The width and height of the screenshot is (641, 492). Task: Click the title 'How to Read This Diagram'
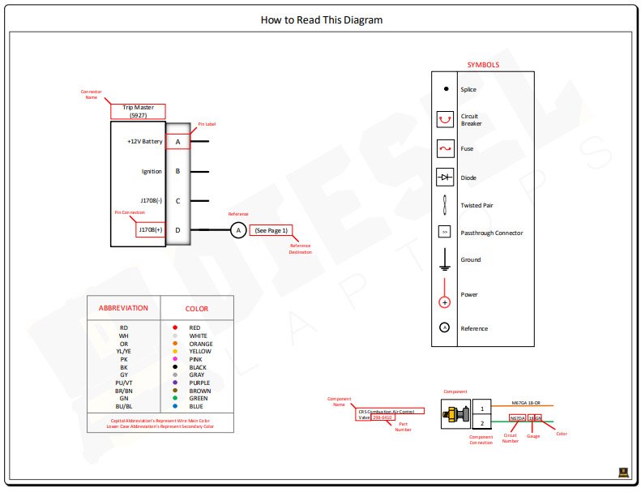pos(322,20)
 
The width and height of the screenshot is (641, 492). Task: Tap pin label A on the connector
pos(177,141)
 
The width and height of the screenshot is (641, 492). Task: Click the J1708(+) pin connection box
pos(151,229)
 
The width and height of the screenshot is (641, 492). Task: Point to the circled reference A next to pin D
pos(238,230)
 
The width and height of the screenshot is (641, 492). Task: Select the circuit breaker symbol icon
pos(445,120)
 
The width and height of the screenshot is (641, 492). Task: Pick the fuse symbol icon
pos(445,148)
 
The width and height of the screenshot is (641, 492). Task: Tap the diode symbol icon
pos(445,177)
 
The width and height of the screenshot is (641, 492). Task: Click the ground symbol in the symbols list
pos(444,259)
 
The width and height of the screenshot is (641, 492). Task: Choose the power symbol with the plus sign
pos(444,302)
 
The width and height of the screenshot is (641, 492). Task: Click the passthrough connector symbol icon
pos(444,233)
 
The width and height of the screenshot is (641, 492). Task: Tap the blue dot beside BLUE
pos(175,406)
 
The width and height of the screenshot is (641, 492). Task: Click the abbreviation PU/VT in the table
pos(124,383)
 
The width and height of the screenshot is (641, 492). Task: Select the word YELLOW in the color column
pos(200,351)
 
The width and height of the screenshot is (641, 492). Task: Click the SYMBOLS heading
pos(483,65)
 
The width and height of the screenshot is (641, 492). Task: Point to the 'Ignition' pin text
pos(152,171)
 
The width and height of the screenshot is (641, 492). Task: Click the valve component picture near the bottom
pos(456,416)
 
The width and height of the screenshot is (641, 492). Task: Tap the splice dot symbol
pos(445,89)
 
